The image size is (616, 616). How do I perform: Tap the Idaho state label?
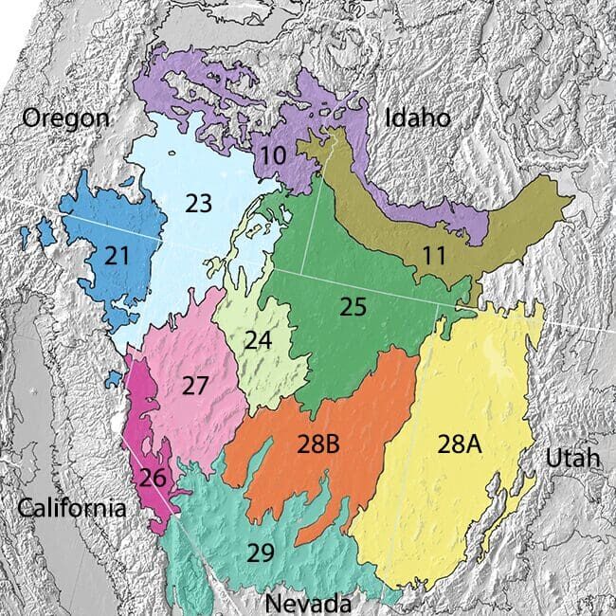[x=417, y=117]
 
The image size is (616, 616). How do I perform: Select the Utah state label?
[x=572, y=459]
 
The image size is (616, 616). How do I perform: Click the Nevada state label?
[x=308, y=603]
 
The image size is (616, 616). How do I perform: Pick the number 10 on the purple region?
[x=273, y=154]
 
